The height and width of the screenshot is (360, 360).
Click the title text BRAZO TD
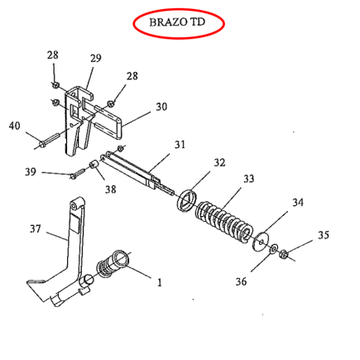pyautogui.click(x=177, y=22)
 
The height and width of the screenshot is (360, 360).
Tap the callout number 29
pyautogui.click(x=96, y=58)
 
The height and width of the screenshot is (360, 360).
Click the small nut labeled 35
pyautogui.click(x=283, y=254)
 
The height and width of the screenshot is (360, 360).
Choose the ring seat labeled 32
pyautogui.click(x=188, y=201)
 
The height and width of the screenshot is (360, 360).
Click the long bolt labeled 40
pyautogui.click(x=50, y=140)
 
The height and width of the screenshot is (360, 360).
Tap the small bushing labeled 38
pyautogui.click(x=94, y=166)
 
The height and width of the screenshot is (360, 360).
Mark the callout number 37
pyautogui.click(x=36, y=228)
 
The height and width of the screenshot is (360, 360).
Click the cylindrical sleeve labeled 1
pyautogui.click(x=113, y=264)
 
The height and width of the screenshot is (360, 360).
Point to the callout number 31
pyautogui.click(x=180, y=144)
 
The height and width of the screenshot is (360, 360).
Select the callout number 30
pyautogui.click(x=161, y=107)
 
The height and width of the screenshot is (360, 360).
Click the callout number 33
pyautogui.click(x=248, y=179)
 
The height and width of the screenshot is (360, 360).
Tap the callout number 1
pyautogui.click(x=160, y=282)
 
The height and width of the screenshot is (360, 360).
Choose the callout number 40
pyautogui.click(x=15, y=126)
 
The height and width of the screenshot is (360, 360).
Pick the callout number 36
pyautogui.click(x=241, y=281)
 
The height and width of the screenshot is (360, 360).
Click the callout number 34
pyautogui.click(x=298, y=203)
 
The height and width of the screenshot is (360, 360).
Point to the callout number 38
pyautogui.click(x=110, y=190)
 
